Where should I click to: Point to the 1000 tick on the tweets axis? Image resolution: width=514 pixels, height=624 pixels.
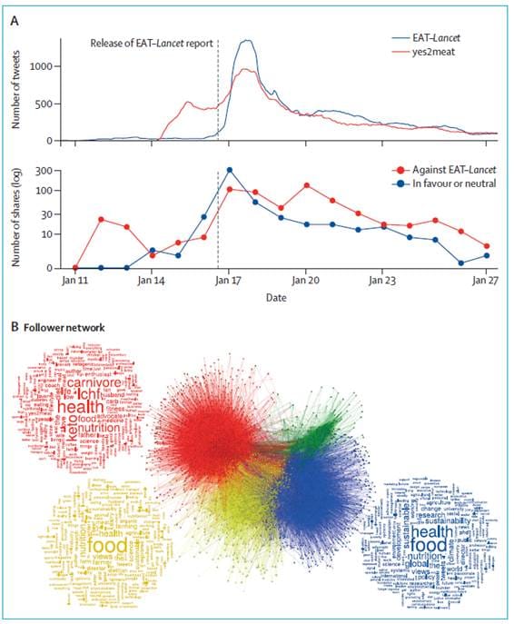pos(50,66)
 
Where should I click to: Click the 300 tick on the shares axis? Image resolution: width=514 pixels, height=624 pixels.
pos(54,170)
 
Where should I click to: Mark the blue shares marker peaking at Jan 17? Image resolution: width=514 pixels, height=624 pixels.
pos(231,170)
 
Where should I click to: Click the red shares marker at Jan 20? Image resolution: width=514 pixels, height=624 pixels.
pos(307,185)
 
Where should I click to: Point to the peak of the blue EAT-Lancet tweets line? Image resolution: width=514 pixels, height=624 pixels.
pos(245,40)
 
